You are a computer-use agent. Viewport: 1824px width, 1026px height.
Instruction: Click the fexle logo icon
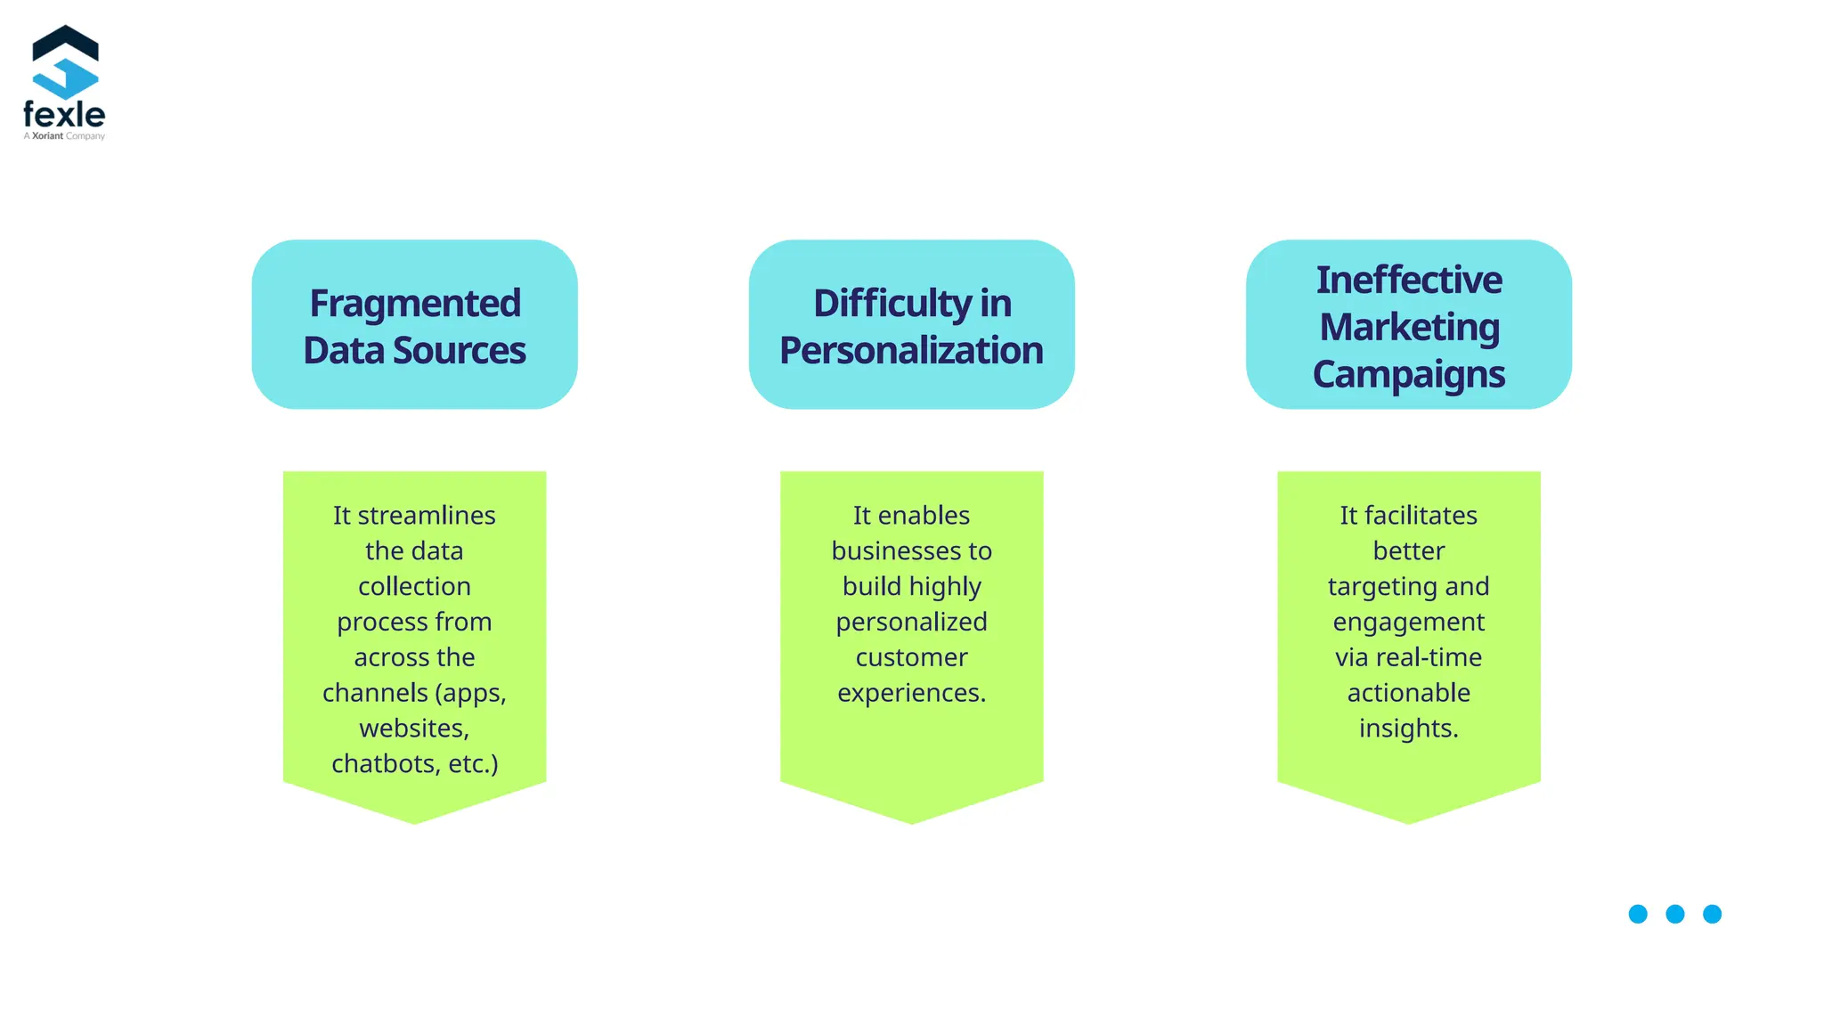click(65, 61)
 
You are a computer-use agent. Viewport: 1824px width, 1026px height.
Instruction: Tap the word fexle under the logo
click(64, 115)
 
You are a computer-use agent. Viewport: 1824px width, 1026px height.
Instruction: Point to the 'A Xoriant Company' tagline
click(64, 136)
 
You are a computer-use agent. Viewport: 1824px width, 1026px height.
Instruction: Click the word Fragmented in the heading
click(415, 304)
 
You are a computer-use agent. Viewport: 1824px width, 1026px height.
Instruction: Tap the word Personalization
click(911, 351)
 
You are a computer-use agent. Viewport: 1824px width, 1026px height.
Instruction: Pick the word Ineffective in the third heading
click(1409, 280)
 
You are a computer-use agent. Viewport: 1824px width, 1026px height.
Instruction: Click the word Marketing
click(1409, 327)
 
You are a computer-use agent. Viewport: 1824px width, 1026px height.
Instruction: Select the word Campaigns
click(1409, 374)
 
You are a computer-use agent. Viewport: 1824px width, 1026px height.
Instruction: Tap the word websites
click(414, 729)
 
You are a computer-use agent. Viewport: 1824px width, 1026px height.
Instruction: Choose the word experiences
click(911, 693)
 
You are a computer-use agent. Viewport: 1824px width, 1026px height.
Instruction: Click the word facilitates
click(1421, 516)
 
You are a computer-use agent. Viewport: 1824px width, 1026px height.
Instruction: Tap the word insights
click(1408, 729)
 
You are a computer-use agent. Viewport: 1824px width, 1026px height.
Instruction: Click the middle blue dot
click(1675, 914)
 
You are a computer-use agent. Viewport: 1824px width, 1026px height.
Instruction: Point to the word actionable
click(1408, 693)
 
